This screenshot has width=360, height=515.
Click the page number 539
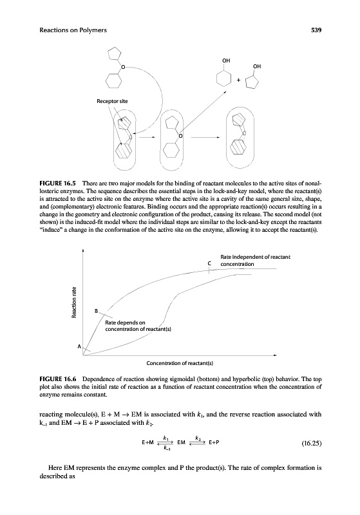click(x=316, y=30)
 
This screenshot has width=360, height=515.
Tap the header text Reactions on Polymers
click(x=73, y=30)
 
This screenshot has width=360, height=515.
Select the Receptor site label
click(x=112, y=101)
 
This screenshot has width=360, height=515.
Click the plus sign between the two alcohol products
click(x=238, y=80)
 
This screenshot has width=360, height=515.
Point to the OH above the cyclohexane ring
click(x=226, y=61)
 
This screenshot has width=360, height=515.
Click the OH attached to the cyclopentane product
click(x=257, y=66)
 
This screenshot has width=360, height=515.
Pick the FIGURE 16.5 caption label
click(x=57, y=183)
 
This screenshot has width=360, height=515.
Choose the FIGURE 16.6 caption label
click(x=57, y=379)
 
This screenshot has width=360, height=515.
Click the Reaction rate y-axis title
click(x=74, y=303)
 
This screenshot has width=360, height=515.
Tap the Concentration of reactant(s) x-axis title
click(x=180, y=363)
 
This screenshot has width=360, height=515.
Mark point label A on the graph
click(x=79, y=346)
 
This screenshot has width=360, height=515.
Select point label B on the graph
click(x=96, y=311)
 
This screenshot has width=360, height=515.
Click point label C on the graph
click(x=209, y=263)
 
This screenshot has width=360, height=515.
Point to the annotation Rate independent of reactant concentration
click(x=255, y=261)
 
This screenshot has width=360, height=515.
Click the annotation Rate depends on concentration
click(x=138, y=326)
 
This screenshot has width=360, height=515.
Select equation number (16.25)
click(x=312, y=444)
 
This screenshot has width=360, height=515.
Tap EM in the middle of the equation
click(x=181, y=442)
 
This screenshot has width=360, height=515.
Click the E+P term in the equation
click(x=214, y=442)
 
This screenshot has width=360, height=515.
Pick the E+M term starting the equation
click(x=148, y=442)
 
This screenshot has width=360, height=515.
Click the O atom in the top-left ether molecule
click(x=123, y=67)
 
